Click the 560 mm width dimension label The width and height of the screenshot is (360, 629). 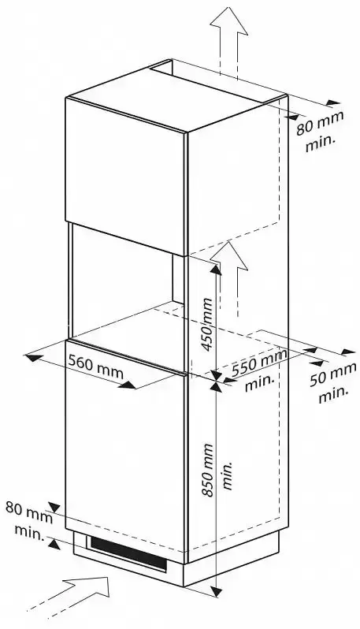[x=95, y=367]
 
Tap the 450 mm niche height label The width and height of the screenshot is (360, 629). [x=207, y=324]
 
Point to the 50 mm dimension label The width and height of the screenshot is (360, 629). [x=332, y=374]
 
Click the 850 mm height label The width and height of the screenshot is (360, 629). [x=207, y=470]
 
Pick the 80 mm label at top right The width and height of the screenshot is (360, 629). [x=320, y=123]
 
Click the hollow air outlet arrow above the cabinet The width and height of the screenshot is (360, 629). [x=228, y=40]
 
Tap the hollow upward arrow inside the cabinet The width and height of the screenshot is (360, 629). [x=228, y=277]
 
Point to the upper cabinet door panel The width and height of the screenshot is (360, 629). [x=126, y=176]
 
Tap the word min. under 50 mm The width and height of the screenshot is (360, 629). [x=333, y=394]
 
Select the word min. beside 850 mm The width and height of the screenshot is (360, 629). [x=228, y=475]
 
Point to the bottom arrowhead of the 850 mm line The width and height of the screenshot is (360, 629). [x=216, y=591]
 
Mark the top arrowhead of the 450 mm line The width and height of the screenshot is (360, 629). [x=216, y=269]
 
